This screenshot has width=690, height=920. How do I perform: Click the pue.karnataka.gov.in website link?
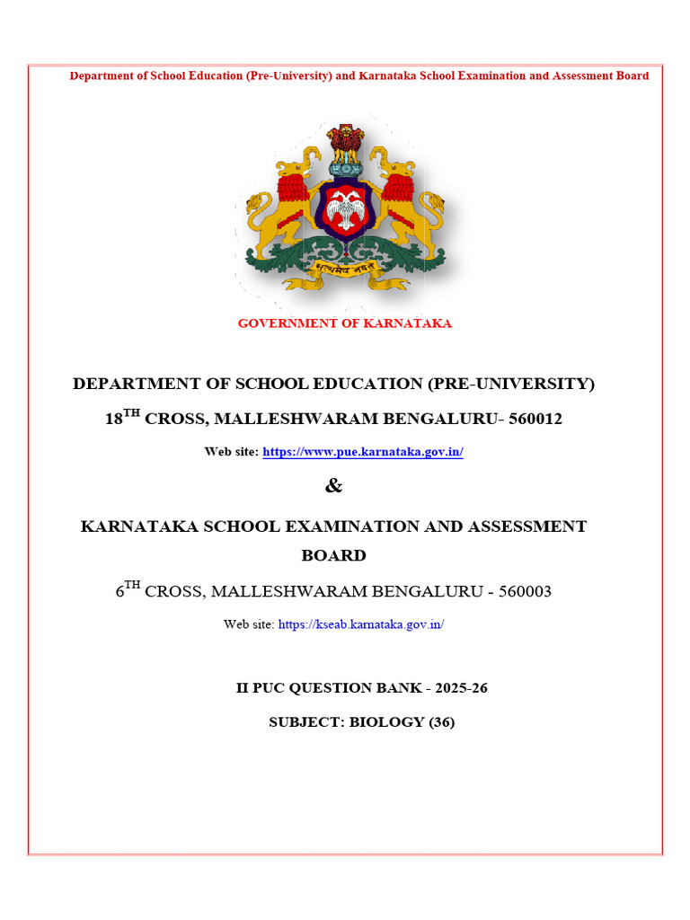(362, 452)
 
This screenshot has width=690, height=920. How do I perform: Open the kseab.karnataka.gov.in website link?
(361, 624)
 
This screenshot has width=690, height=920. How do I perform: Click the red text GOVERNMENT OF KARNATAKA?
(345, 323)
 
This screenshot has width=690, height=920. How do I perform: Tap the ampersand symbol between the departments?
(333, 486)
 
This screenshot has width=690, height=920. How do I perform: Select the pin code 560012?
(535, 419)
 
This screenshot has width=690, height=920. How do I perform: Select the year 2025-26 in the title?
(461, 688)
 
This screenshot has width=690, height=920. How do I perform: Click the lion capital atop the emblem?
(344, 144)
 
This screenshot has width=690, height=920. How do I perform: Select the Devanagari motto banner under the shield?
(345, 266)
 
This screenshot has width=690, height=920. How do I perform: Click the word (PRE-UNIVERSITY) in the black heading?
(510, 384)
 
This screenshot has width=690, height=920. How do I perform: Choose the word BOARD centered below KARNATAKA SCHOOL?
(333, 555)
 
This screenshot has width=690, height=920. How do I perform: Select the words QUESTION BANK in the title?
(349, 688)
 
